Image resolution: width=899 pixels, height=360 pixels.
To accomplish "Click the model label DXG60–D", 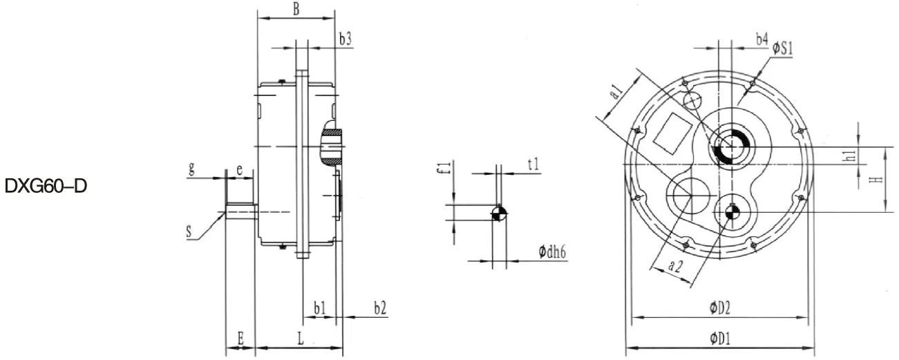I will (46, 187).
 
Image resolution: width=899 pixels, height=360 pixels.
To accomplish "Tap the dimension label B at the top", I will (296, 9).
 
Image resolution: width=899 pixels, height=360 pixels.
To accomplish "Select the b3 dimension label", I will (346, 39).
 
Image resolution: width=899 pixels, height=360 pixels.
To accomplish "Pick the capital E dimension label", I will (240, 338).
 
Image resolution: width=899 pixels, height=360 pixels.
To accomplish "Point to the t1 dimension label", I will (533, 164).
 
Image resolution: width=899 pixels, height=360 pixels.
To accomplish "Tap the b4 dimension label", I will (761, 40).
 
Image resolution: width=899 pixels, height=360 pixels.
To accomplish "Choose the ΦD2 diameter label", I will (720, 309).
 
